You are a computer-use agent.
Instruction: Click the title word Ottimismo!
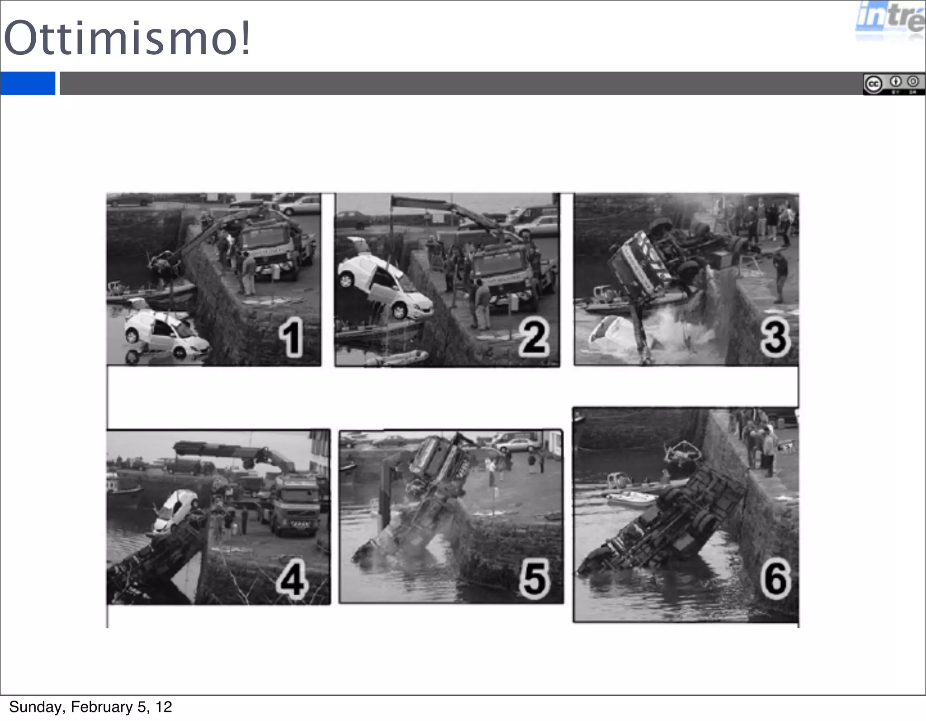pos(127,38)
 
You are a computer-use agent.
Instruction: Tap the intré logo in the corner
pos(890,20)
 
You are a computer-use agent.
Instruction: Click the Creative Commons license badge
pos(893,84)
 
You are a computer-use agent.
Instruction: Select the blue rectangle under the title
pos(28,83)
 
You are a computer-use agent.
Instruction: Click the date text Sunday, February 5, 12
pos(90,707)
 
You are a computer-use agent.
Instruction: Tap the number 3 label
pos(775,337)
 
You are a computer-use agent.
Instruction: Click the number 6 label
pos(775,579)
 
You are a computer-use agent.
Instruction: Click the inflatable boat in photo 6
pos(631,498)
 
